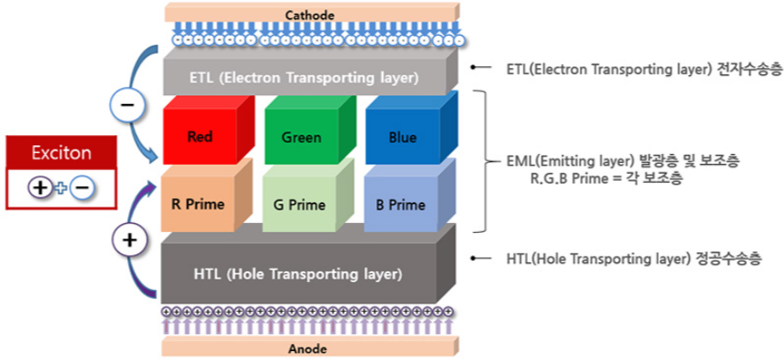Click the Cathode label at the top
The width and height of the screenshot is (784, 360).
[x=310, y=14]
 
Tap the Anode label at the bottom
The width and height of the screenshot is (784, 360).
[x=310, y=347]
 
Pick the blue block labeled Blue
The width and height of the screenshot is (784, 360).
[x=403, y=138]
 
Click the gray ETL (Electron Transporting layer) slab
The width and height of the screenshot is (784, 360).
[x=304, y=77]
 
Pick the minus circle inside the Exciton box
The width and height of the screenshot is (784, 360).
[x=80, y=187]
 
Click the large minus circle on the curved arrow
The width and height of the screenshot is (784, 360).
[x=126, y=106]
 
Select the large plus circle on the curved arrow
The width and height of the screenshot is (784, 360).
[x=129, y=240]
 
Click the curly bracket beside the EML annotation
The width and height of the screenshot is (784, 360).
[x=485, y=161]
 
